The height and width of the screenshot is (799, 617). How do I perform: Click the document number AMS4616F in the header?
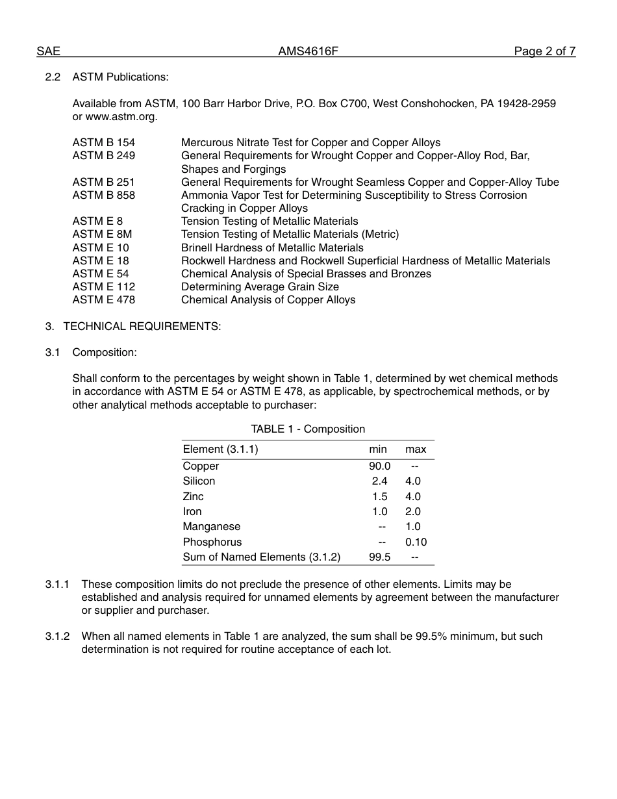308,51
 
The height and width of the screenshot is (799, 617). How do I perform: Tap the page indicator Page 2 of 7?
544,51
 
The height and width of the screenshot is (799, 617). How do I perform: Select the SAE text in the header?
48,51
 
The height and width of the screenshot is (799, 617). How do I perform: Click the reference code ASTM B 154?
103,142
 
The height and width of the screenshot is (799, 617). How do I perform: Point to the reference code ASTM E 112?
103,286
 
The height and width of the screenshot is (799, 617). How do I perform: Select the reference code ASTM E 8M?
102,234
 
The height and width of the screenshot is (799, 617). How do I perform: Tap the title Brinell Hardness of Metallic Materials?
272,247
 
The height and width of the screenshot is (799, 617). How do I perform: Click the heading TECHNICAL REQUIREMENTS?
142,326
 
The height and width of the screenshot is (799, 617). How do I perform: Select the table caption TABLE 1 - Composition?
308,429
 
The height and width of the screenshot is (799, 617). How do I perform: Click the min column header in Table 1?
378,450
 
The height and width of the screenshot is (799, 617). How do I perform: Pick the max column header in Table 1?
416,450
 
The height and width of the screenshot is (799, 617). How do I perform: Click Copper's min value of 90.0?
379,466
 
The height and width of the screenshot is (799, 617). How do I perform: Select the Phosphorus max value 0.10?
416,542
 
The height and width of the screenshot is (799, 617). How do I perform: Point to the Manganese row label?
211,527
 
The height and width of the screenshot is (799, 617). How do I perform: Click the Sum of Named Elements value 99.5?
379,557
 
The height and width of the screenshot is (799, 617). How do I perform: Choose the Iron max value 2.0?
413,512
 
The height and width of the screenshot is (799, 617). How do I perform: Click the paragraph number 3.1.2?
57,636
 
